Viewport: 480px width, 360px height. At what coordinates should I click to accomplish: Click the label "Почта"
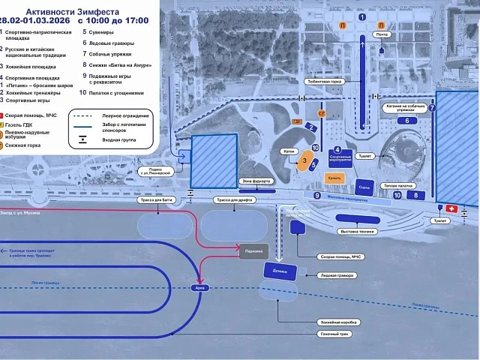click(x=382, y=35)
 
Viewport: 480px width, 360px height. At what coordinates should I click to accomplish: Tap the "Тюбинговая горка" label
click(x=324, y=82)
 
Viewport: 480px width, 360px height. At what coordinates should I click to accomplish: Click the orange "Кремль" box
click(x=335, y=178)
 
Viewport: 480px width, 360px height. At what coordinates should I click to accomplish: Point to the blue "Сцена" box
click(x=364, y=187)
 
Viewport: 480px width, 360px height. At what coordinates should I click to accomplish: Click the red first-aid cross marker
click(x=451, y=208)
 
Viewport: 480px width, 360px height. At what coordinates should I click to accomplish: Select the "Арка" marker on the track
click(x=199, y=287)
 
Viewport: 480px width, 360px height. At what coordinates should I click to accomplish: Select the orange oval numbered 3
click(x=304, y=160)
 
